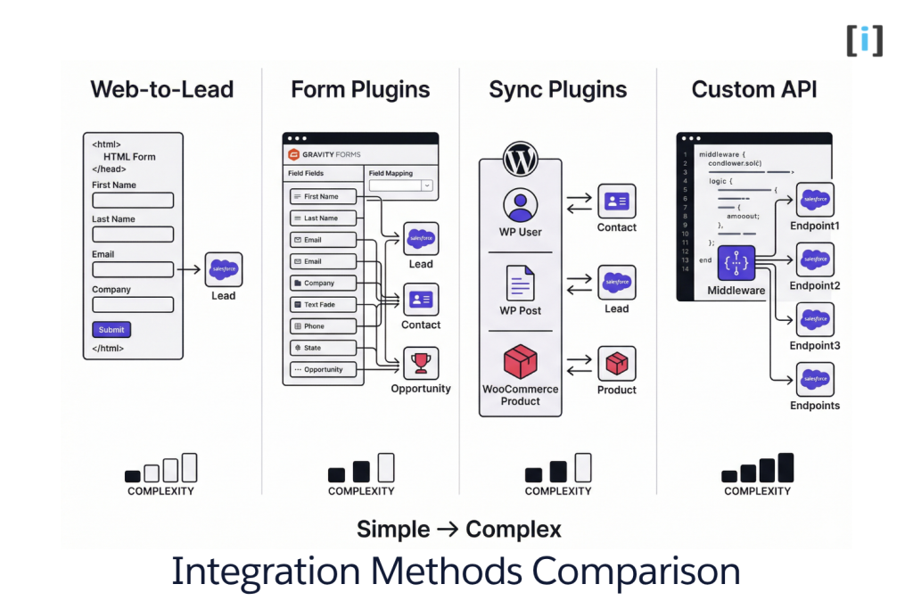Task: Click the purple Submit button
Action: (x=111, y=329)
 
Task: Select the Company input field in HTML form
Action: (x=133, y=304)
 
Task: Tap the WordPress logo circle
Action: (x=520, y=160)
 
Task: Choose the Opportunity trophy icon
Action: (x=421, y=363)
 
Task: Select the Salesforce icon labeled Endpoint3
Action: (x=815, y=319)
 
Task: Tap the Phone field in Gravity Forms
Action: (x=323, y=326)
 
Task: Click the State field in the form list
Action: (x=323, y=348)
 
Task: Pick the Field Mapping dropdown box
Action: (x=400, y=185)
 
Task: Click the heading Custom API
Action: (x=754, y=90)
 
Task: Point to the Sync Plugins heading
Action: (x=557, y=90)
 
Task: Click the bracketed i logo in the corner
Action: (x=864, y=40)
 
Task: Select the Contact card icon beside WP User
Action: (x=617, y=202)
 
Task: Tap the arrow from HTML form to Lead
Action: (x=188, y=268)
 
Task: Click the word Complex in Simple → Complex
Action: (x=514, y=530)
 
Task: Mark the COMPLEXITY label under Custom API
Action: (x=757, y=491)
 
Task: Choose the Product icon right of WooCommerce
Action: (x=617, y=364)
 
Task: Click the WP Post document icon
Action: (x=520, y=284)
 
